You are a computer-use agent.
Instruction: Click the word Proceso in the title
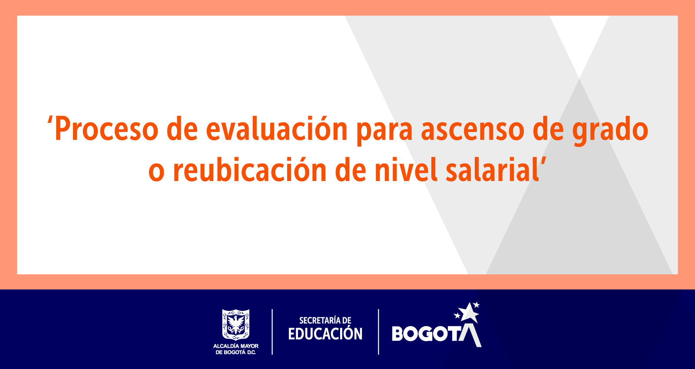click(107, 128)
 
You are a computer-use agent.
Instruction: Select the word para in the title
click(385, 132)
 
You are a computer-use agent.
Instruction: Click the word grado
click(610, 131)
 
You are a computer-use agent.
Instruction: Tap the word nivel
click(406, 169)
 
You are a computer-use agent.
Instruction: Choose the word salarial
click(492, 169)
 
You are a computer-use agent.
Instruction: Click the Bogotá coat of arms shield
click(236, 324)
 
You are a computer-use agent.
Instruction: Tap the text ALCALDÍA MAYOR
click(236, 346)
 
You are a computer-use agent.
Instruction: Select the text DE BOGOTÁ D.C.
click(236, 353)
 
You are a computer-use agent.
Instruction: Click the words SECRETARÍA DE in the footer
click(325, 320)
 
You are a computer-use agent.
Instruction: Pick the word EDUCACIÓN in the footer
click(325, 333)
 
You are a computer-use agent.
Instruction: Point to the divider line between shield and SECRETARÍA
click(272, 332)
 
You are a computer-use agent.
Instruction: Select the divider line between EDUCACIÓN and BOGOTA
click(378, 332)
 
